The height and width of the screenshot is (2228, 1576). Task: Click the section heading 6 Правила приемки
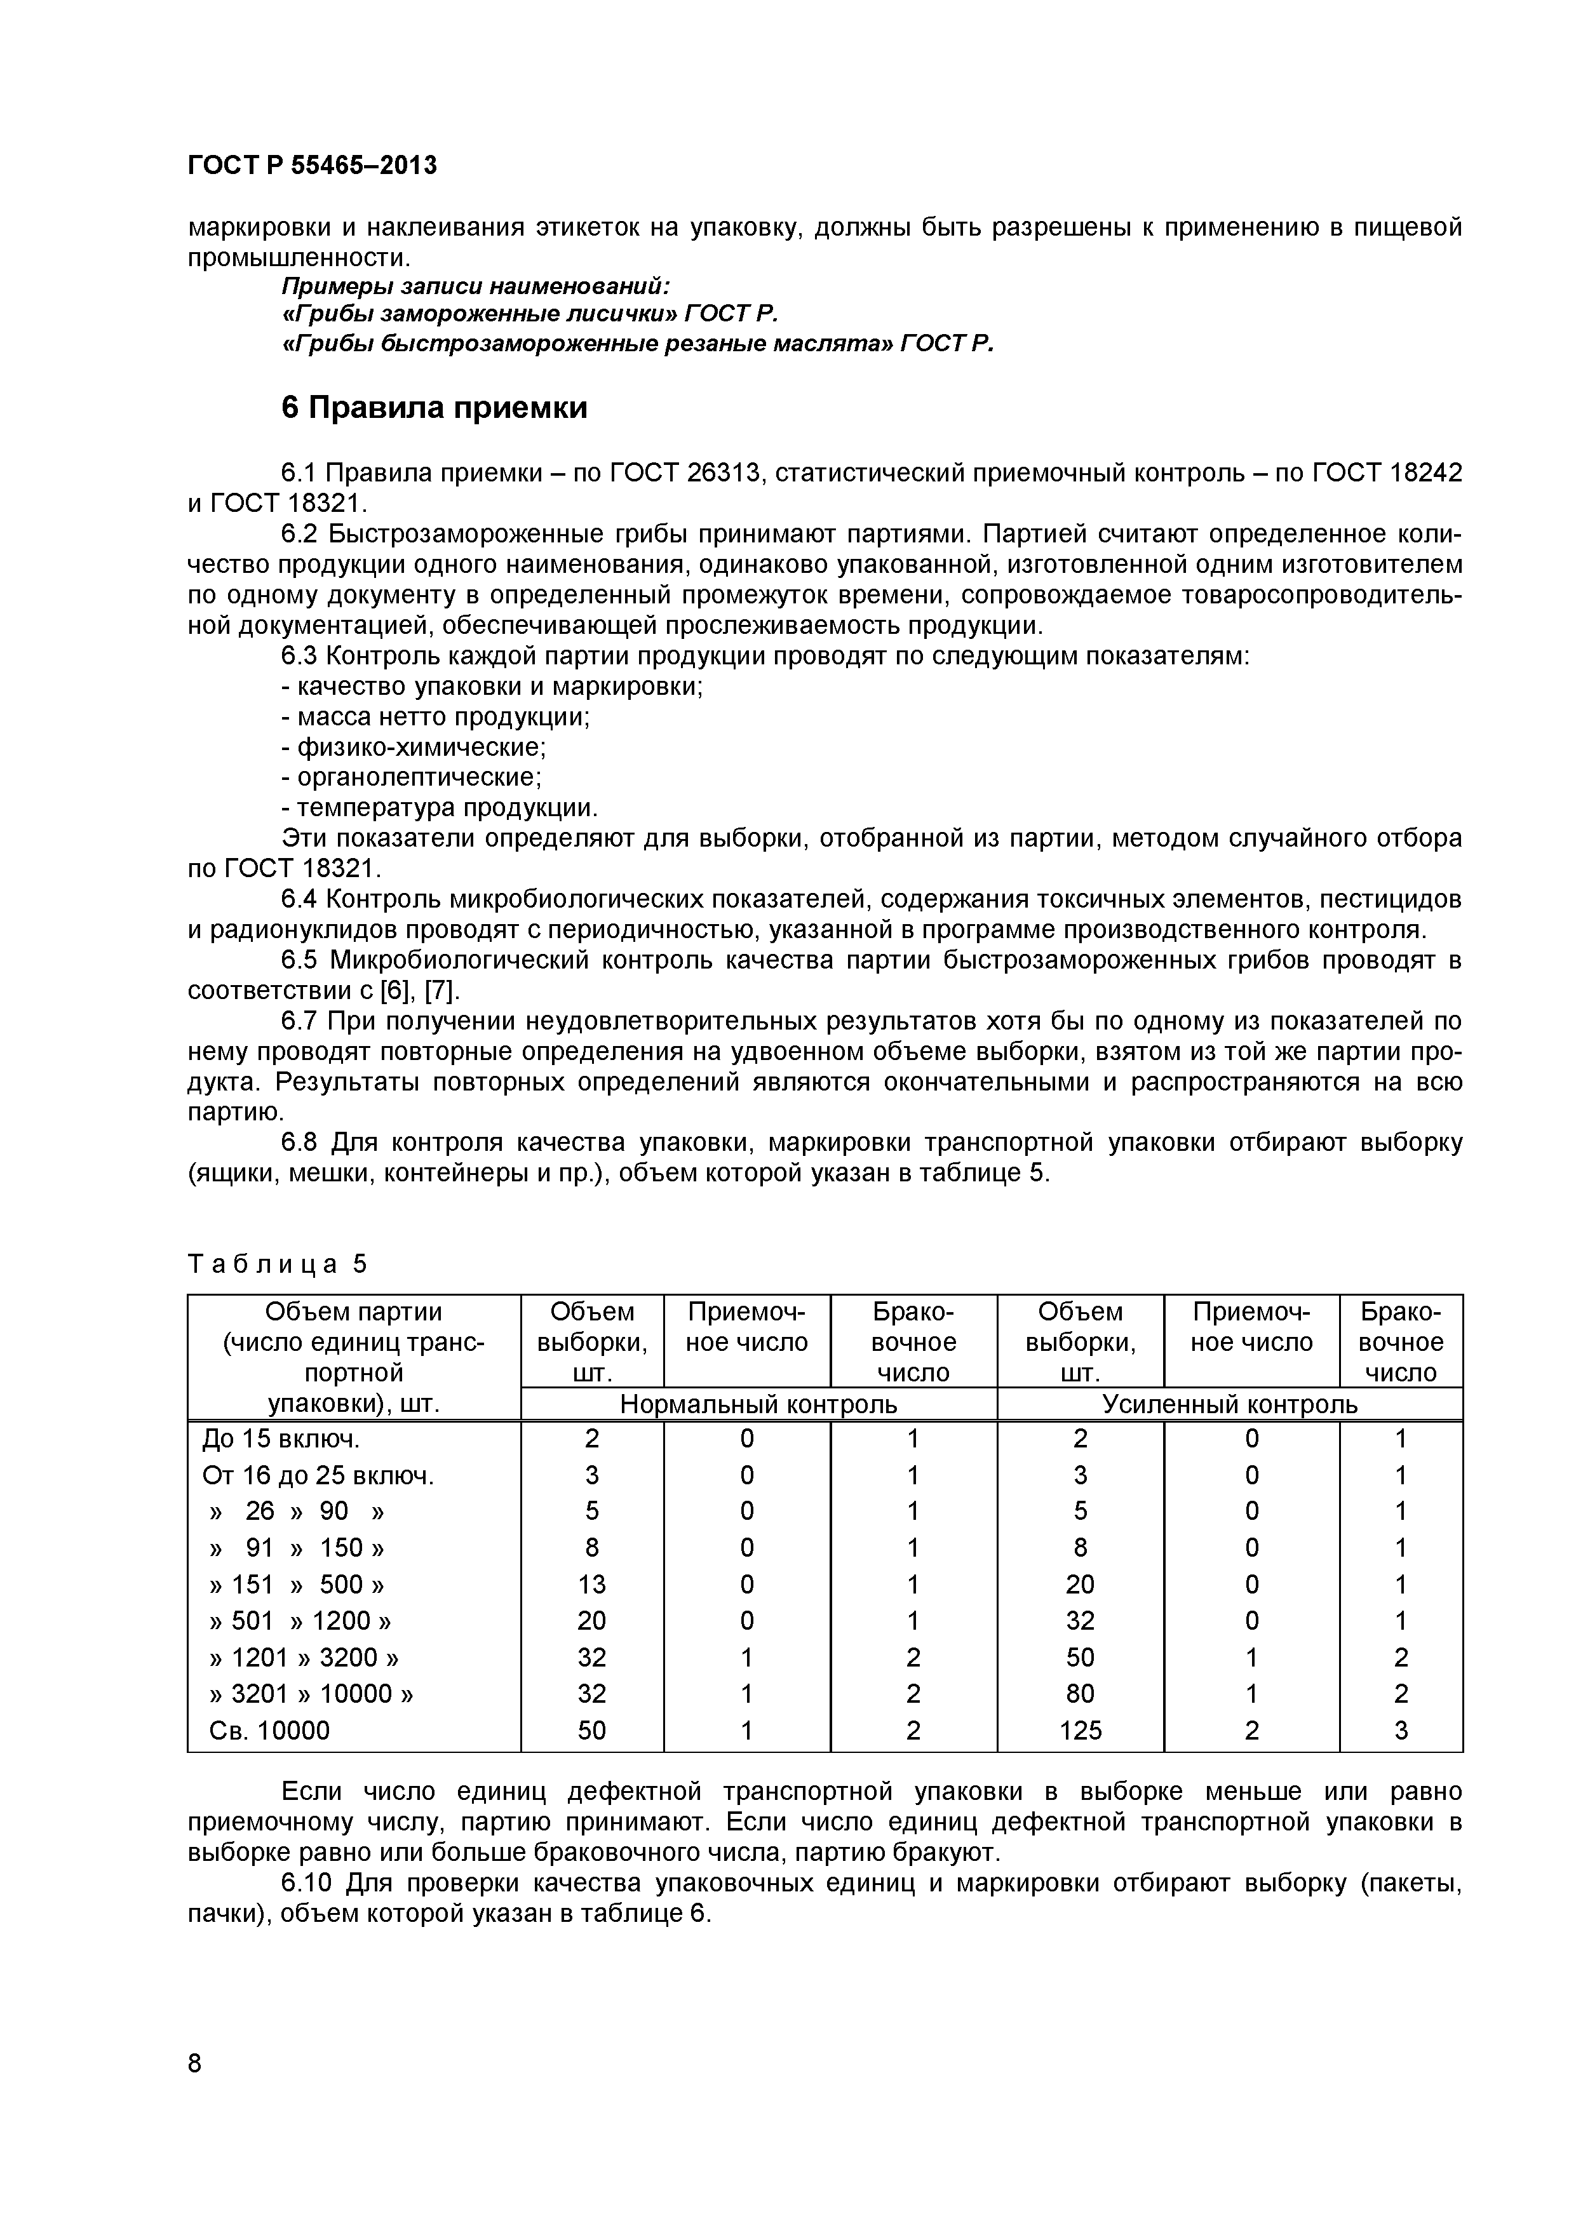coord(434,408)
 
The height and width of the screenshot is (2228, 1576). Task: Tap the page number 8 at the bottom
coord(194,2090)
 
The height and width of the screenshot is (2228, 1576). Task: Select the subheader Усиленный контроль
coord(1230,1404)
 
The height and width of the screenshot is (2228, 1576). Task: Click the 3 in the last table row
coord(1400,1730)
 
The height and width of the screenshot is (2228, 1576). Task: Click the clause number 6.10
coord(307,1884)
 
